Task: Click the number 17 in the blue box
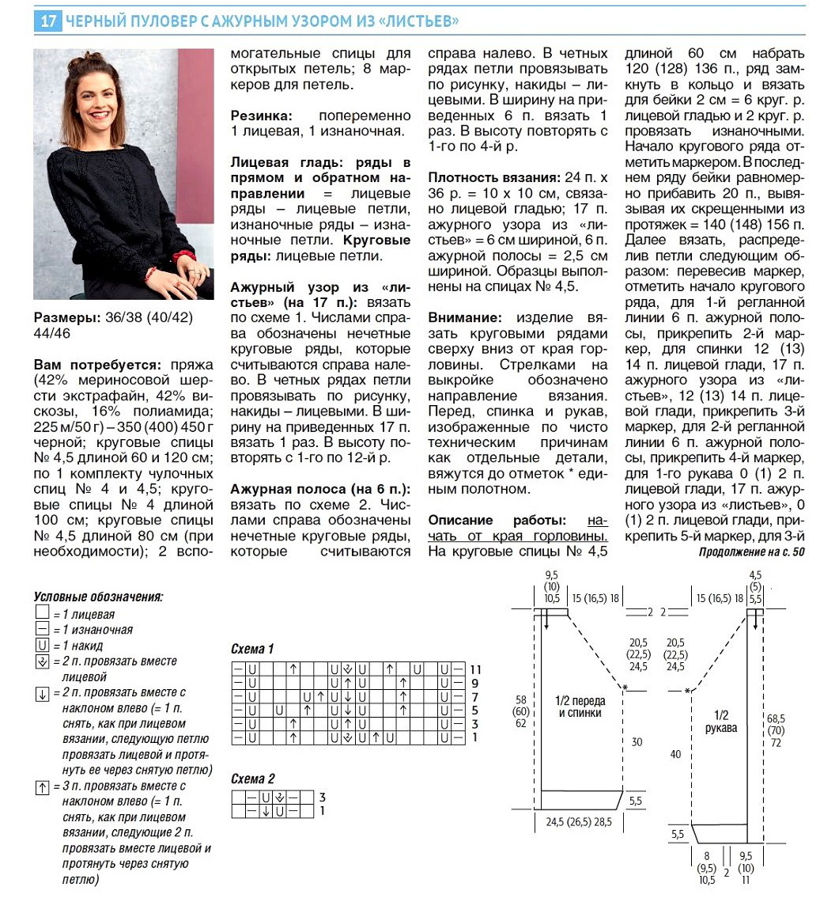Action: (x=47, y=21)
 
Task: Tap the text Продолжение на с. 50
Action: (x=751, y=551)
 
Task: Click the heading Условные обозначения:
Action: (x=99, y=597)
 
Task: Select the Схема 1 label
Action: (x=252, y=650)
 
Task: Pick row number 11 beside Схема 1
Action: (x=475, y=669)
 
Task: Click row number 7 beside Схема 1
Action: (x=475, y=697)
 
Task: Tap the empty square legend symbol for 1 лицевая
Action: (x=42, y=615)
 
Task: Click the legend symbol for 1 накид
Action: (x=42, y=646)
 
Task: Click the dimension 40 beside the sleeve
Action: (x=675, y=755)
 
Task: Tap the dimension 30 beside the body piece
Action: (x=637, y=742)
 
